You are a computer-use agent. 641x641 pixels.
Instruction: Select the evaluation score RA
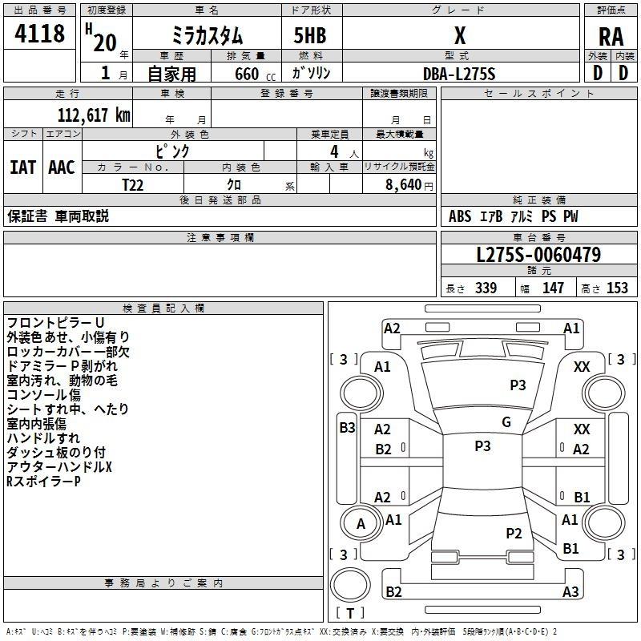click(611, 36)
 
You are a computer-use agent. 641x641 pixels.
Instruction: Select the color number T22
click(134, 184)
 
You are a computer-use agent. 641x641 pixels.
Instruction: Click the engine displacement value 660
click(246, 74)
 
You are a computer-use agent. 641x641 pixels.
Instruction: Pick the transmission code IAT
click(22, 167)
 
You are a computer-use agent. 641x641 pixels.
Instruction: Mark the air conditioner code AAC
click(62, 167)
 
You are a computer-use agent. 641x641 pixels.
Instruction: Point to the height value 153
click(617, 288)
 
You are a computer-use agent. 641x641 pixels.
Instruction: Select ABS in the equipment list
click(460, 216)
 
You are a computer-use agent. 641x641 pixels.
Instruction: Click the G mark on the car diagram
click(506, 422)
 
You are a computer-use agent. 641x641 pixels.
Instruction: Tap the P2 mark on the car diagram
click(514, 533)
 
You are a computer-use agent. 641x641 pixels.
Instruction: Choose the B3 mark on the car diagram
click(346, 428)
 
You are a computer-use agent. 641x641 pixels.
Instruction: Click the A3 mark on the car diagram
click(570, 592)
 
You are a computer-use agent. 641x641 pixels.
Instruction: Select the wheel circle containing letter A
click(361, 524)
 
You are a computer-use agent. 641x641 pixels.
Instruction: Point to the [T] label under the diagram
click(349, 613)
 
